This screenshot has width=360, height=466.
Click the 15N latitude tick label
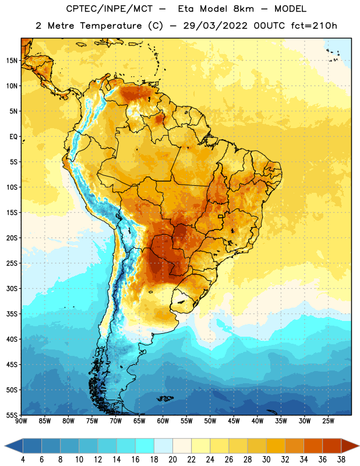(12, 61)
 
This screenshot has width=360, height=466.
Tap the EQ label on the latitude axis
(13, 137)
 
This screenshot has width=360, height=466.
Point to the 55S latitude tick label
(12, 415)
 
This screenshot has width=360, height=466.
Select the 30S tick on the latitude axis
(12, 288)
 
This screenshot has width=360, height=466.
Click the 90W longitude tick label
(21, 421)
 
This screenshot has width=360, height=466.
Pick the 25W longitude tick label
(328, 421)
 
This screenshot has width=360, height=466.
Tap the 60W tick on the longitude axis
(163, 421)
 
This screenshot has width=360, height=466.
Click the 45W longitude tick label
(234, 421)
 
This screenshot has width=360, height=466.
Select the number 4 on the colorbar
(23, 460)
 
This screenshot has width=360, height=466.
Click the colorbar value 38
(341, 460)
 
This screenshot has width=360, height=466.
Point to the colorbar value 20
(172, 460)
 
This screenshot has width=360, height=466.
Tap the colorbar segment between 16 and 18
(145, 446)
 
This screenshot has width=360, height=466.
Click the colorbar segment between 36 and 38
(332, 446)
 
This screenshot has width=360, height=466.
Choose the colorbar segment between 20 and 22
(182, 446)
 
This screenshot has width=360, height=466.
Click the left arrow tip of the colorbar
(5, 446)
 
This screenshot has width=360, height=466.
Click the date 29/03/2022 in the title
(215, 26)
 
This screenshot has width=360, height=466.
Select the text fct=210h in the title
(314, 26)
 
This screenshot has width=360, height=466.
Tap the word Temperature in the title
(111, 26)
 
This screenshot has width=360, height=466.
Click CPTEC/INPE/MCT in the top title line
(110, 9)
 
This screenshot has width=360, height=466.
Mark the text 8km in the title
(243, 9)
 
